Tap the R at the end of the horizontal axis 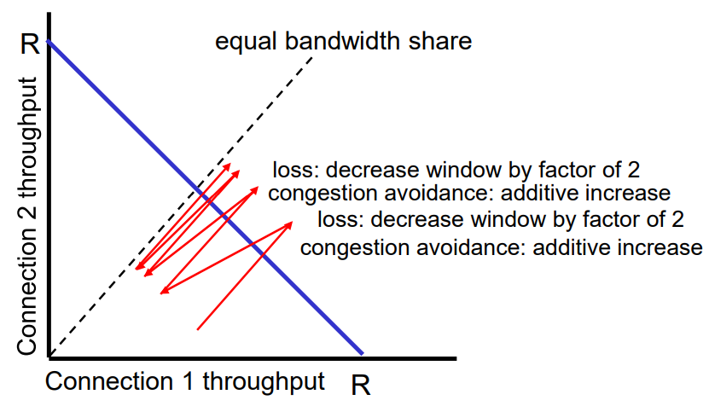pos(361,386)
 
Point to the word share pos(442,40)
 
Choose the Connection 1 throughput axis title pos(185,380)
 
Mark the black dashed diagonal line pos(128,273)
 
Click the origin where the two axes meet pos(49,356)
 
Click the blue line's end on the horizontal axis pos(362,354)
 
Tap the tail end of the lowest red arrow pos(198,328)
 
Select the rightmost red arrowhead pos(291,223)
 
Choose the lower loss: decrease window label pos(501,220)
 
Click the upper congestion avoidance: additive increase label pos(469,193)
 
